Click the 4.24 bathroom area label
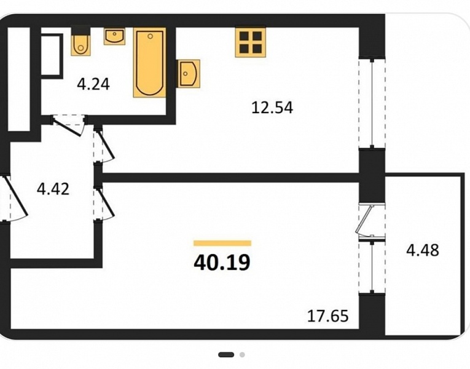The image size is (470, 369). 93,84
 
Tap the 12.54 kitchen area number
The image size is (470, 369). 272,108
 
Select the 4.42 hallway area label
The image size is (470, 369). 53,189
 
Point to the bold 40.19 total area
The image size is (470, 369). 222,263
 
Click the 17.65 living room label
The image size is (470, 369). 328,316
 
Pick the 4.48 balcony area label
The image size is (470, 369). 422,250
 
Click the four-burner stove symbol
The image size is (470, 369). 250,42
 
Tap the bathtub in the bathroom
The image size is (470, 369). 149,62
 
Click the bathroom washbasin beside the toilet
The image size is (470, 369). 114,37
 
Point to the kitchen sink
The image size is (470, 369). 189,74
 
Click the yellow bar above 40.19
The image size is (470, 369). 222,243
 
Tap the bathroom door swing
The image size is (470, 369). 69,125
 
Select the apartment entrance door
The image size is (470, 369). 14,199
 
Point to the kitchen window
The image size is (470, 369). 372,103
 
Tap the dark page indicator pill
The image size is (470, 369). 226,355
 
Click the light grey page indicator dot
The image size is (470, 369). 242,355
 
